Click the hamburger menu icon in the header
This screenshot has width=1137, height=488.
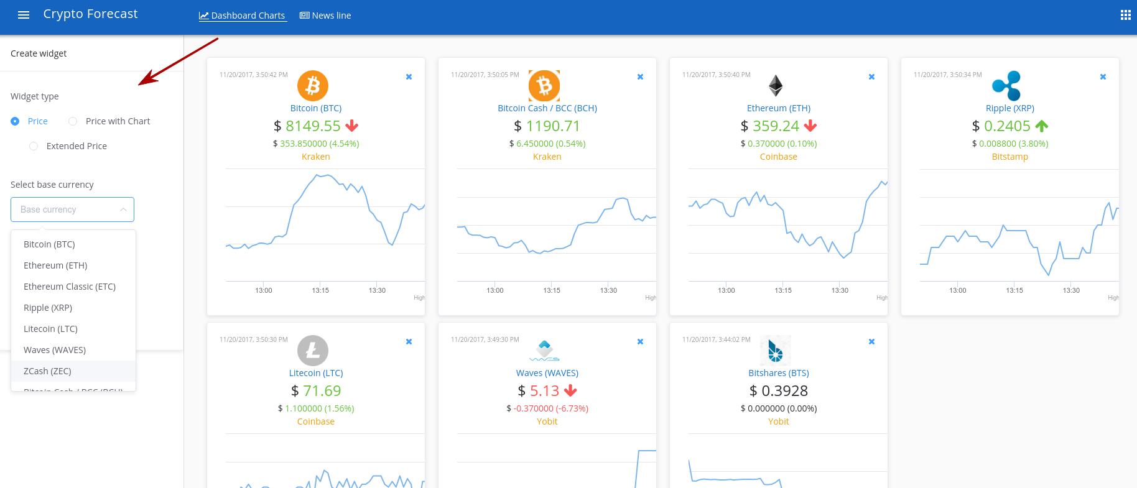pos(24,16)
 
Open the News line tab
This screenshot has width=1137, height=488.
pos(325,16)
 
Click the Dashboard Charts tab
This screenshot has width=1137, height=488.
pos(242,16)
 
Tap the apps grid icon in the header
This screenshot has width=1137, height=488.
pos(1125,16)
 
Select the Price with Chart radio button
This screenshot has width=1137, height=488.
pos(73,121)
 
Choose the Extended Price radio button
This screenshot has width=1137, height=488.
pos(34,146)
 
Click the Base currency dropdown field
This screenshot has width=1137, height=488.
pos(72,209)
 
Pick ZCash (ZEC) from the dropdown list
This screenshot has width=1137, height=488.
pos(47,371)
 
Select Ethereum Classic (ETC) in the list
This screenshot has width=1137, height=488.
pos(70,287)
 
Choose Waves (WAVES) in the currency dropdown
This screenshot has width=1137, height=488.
pos(55,350)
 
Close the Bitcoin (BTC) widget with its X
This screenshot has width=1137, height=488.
pos(409,77)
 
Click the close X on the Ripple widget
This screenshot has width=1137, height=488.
pos(1103,77)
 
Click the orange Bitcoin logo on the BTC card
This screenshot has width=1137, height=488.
pos(313,86)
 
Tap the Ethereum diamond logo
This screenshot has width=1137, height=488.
pos(776,86)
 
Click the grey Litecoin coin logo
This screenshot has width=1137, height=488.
pos(313,351)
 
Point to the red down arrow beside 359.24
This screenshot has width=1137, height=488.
pos(810,126)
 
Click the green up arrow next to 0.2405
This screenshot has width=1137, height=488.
pos(1042,126)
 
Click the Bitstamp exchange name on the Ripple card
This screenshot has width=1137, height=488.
pos(1009,157)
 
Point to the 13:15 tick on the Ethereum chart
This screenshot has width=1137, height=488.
pos(783,290)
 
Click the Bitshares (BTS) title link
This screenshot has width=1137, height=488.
pos(778,373)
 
